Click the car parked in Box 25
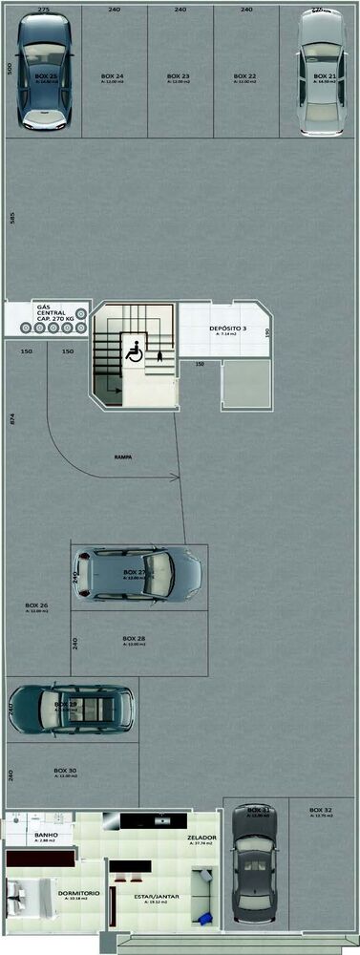45,73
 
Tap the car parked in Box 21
318,73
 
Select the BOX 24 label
112,75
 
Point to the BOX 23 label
178,75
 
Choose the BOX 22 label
244,75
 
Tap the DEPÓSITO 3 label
227,329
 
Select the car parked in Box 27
136,574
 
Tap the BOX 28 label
134,639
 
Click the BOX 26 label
36,606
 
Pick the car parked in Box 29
70,708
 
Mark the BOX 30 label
65,771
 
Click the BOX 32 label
321,811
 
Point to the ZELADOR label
201,837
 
